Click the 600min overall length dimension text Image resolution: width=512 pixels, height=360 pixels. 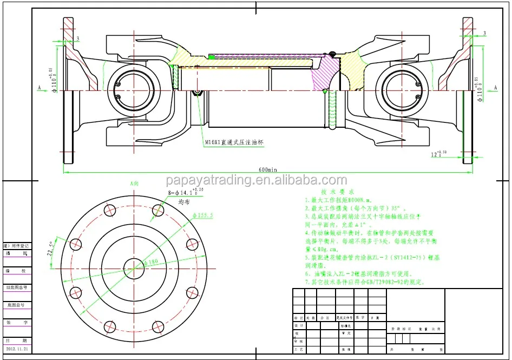267,169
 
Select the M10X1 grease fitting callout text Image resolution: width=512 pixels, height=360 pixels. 236,143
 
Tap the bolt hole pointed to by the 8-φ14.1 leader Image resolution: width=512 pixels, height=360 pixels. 158,210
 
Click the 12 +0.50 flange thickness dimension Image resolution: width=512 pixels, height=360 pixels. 439,154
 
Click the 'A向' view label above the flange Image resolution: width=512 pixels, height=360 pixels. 134,184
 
